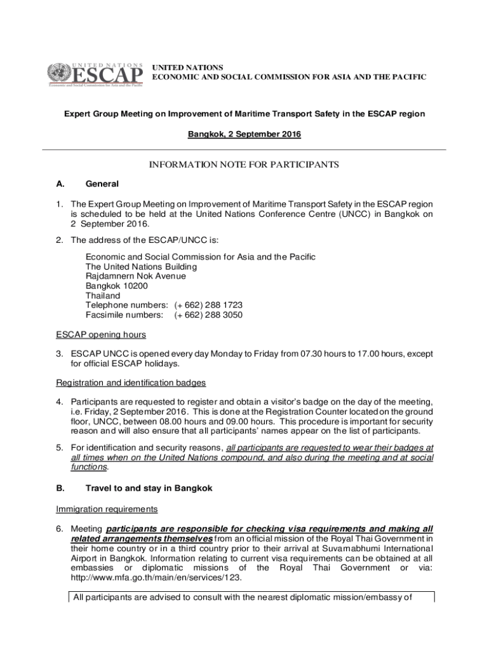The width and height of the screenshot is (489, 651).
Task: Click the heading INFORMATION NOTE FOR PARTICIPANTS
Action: (x=244, y=165)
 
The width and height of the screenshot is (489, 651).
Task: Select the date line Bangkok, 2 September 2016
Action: (x=244, y=134)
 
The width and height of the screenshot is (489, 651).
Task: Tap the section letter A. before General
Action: (x=60, y=184)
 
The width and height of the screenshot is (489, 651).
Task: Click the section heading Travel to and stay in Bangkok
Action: (x=149, y=488)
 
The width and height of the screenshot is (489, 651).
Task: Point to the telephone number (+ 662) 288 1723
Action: (x=208, y=305)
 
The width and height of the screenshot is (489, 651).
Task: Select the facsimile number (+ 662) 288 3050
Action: (x=208, y=315)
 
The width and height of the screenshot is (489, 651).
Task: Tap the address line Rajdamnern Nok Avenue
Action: (x=136, y=277)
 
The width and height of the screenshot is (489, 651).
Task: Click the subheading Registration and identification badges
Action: (x=131, y=383)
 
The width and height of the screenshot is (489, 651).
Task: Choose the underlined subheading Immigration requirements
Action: (x=106, y=509)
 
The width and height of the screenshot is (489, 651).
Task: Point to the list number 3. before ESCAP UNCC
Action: (x=58, y=353)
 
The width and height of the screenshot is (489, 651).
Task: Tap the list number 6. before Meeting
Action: (x=58, y=529)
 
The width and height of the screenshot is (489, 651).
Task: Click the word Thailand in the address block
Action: (x=103, y=296)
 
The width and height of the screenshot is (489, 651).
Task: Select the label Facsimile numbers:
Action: (x=124, y=315)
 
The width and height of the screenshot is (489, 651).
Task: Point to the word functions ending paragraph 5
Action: (x=88, y=467)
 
